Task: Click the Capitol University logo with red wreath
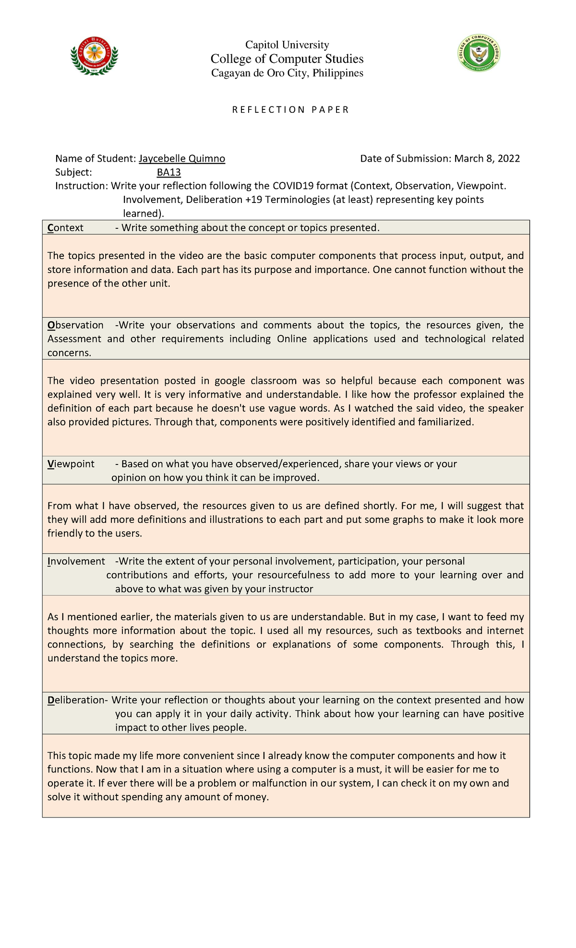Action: tap(94, 56)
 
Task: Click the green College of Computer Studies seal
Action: tap(479, 53)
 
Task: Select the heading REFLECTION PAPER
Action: tap(290, 110)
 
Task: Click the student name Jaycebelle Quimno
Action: tap(181, 159)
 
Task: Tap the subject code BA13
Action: tap(168, 173)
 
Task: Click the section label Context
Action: tap(65, 228)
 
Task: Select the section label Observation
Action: tap(75, 325)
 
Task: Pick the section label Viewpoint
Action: tap(71, 464)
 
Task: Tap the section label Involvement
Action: tap(76, 561)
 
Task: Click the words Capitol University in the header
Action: tap(287, 45)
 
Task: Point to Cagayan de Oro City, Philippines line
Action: tap(287, 73)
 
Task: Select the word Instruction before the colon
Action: tap(81, 186)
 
